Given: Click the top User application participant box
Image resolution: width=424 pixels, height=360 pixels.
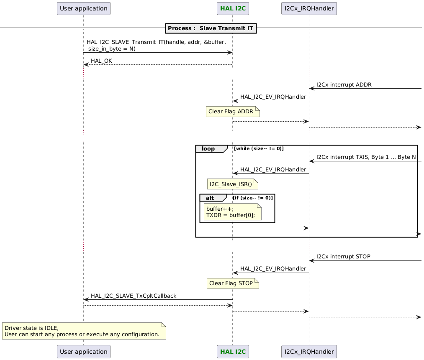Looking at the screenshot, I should pos(83,8).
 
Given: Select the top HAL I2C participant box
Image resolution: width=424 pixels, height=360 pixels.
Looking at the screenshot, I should pos(233,8).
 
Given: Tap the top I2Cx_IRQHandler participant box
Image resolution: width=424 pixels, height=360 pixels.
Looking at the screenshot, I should pos(309,8).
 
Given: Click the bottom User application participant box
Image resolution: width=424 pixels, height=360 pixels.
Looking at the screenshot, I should pos(83,352).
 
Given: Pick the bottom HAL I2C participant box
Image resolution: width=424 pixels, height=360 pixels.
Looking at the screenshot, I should pos(233,352).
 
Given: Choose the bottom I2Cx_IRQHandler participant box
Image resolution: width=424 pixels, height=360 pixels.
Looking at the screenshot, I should pos(309,352).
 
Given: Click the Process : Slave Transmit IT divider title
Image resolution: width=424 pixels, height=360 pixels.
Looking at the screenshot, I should pos(211,28).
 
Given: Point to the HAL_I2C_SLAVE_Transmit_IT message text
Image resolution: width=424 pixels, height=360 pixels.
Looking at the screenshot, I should pos(156,45).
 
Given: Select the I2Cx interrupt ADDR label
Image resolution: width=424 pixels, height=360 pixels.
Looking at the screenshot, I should pos(344,84).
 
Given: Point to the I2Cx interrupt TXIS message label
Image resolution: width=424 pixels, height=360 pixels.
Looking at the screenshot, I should pos(366,157).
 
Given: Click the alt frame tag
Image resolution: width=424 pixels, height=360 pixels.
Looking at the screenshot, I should pos(213,198).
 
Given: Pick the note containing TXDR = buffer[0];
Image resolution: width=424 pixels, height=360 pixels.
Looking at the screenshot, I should pos(232,212).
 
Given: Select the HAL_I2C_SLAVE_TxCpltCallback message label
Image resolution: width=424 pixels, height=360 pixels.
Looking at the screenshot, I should pos(134,296).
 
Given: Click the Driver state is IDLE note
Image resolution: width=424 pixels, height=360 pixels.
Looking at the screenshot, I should pos(84,331).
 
